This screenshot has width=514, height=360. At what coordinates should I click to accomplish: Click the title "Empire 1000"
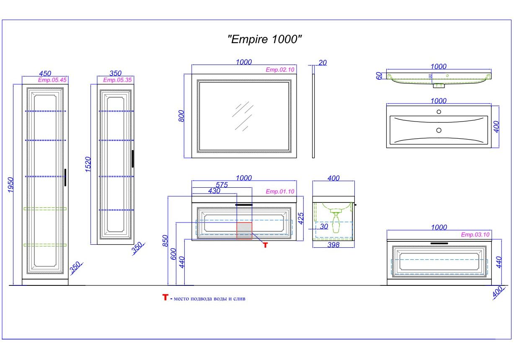[264, 40]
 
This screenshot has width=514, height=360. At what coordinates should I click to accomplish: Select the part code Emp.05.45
[52, 80]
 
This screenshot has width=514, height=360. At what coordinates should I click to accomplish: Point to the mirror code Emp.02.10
[280, 70]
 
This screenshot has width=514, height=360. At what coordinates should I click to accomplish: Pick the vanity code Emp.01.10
[280, 192]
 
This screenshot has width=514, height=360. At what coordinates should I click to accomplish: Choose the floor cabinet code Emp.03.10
[475, 235]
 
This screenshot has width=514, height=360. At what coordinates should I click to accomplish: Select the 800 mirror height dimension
[181, 116]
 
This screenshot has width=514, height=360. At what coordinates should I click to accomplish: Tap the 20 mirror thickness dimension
[323, 63]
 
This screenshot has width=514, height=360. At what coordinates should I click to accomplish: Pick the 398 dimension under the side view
[333, 245]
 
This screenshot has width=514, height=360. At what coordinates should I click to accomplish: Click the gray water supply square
[244, 231]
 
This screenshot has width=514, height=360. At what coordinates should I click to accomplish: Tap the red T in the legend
[165, 298]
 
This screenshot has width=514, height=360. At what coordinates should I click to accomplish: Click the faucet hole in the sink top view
[439, 112]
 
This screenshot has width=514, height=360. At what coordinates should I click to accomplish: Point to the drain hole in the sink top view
[439, 130]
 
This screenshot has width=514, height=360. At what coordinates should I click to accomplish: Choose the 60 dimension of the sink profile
[379, 76]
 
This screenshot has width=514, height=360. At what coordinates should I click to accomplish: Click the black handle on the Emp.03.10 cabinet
[439, 243]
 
